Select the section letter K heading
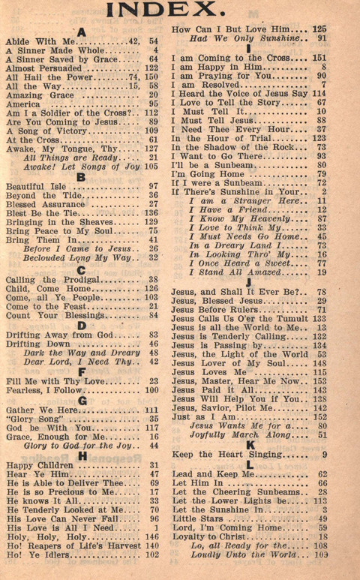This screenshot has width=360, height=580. [x=249, y=445]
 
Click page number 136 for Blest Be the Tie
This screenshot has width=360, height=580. [x=151, y=212]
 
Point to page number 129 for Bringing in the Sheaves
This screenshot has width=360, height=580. [x=151, y=222]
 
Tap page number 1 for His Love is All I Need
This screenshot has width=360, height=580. [x=155, y=528]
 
